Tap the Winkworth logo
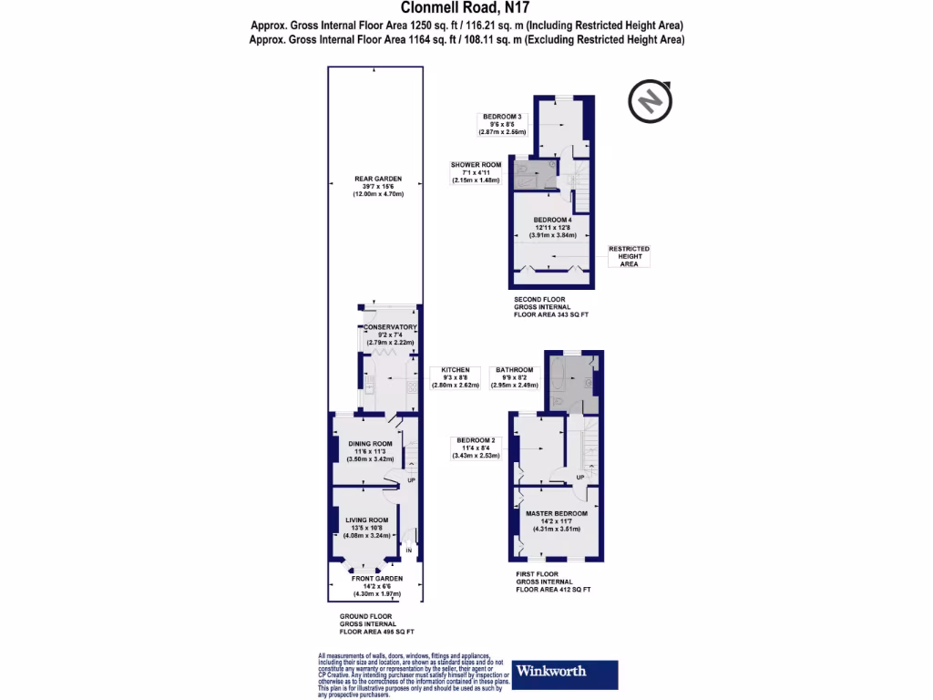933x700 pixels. pos(565,674)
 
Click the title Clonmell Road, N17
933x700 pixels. pos(466,8)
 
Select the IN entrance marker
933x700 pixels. pos(409,551)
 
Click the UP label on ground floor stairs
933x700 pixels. pos(411,480)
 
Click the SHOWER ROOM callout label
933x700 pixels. pos(476,172)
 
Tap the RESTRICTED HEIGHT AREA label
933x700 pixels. pos(630,256)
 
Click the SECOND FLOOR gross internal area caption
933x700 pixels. pos(552,306)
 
